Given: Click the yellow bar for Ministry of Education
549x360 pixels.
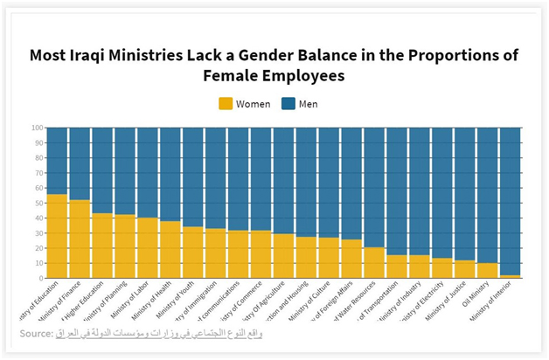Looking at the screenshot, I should [x=57, y=236].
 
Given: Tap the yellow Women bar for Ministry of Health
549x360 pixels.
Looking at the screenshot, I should [x=170, y=249].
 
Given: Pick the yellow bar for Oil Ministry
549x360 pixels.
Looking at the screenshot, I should [x=487, y=270].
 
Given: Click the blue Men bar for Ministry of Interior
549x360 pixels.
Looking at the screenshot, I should [x=510, y=201].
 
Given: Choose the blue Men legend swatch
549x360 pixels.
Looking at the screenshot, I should [x=288, y=104].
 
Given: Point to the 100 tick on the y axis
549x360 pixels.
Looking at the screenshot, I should [x=38, y=128].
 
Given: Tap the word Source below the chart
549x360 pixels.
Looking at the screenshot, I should [x=35, y=333].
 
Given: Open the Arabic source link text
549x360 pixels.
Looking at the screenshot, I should [x=158, y=333].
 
